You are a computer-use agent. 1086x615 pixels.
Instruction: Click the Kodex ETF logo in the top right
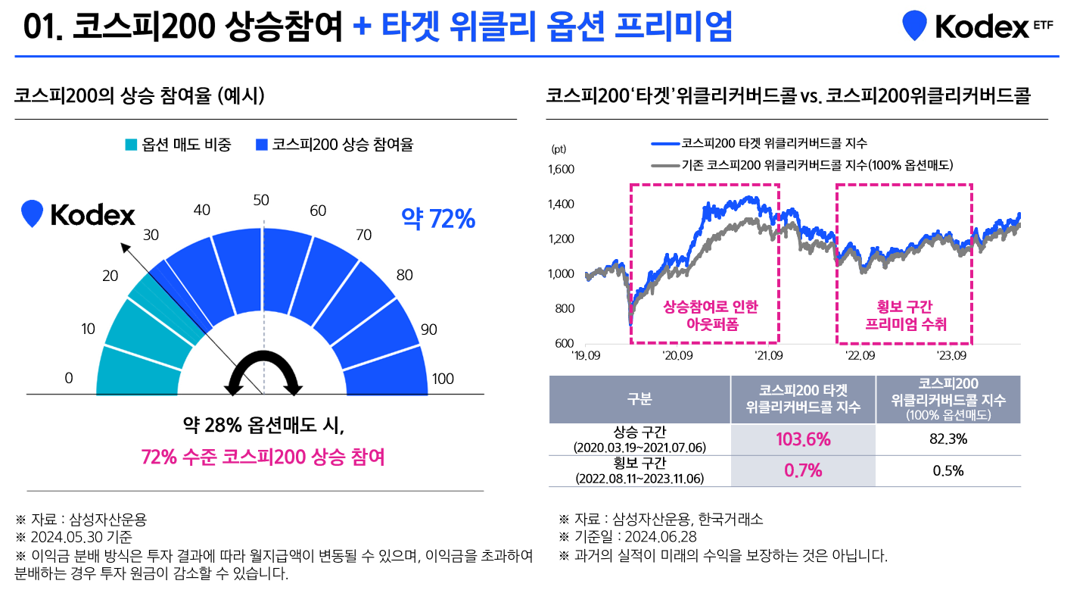976,27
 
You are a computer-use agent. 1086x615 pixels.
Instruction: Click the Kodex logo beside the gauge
79,215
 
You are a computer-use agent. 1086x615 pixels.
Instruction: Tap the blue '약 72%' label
437,220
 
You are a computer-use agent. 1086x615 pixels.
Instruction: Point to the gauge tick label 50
261,200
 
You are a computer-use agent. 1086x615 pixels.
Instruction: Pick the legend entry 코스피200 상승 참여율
335,145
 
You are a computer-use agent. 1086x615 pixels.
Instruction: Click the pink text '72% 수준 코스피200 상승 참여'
263,457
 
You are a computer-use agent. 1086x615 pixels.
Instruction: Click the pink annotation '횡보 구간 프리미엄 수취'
905,315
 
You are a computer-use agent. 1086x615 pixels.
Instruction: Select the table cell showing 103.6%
803,439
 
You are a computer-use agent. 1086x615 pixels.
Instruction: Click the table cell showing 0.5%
948,470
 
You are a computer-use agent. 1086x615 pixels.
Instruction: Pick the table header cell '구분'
639,399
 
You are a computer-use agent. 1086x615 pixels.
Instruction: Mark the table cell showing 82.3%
948,439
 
